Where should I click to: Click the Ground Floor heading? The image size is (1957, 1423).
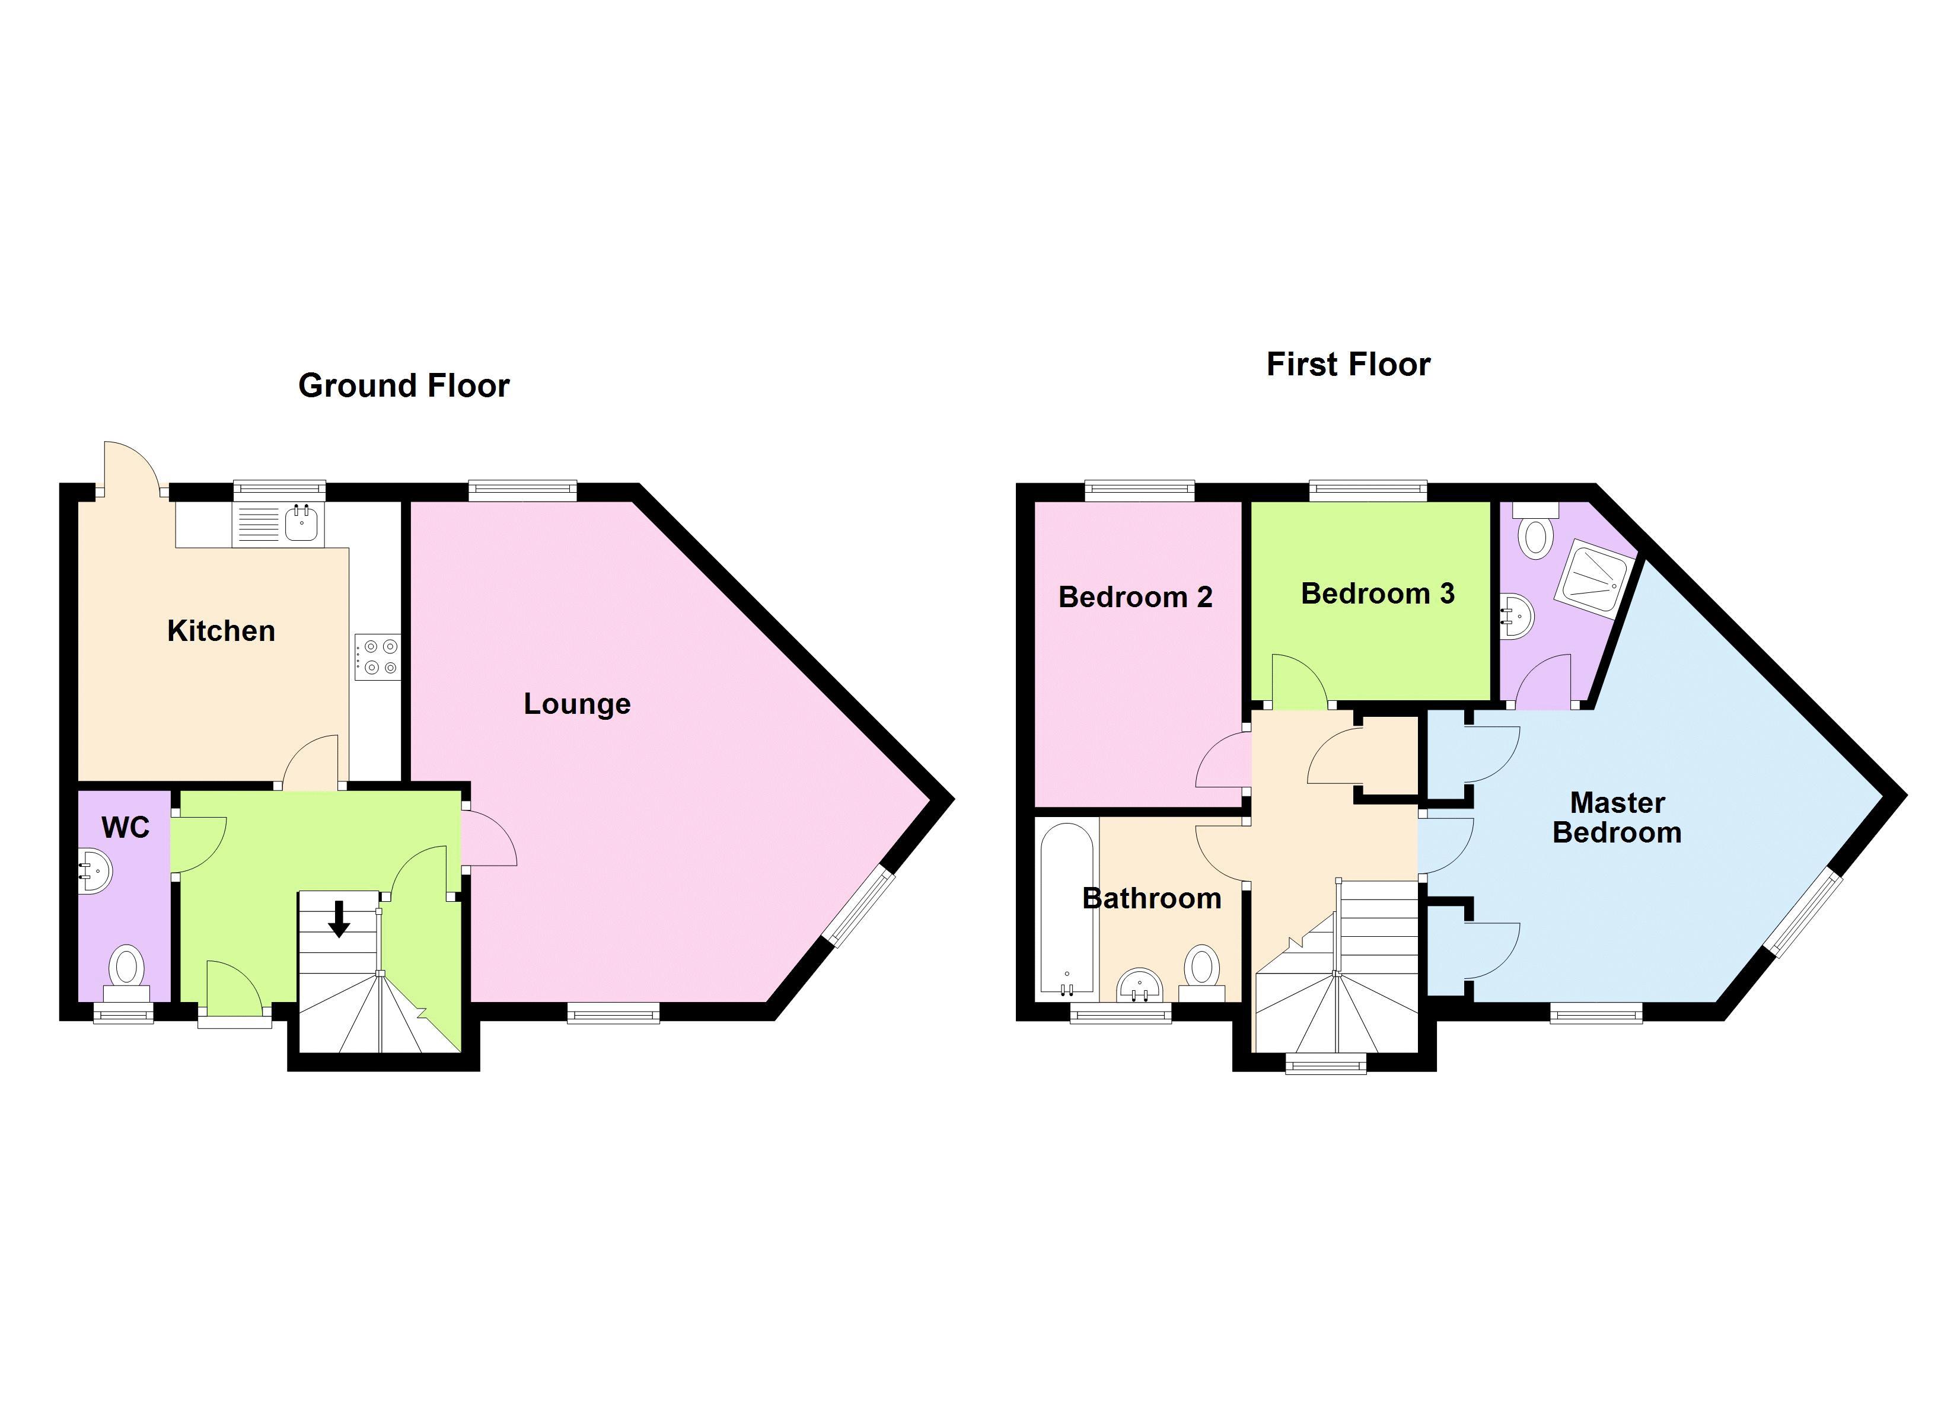tap(404, 386)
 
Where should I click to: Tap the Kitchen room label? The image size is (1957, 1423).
tap(221, 631)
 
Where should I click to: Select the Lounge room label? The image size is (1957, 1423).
tap(577, 704)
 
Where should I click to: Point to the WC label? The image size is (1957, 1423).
tap(126, 828)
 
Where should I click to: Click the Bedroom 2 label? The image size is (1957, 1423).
tap(1136, 596)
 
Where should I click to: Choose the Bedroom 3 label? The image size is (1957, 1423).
tap(1378, 593)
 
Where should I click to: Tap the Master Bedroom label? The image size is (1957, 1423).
tap(1617, 817)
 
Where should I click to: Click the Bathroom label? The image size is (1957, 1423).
tap(1152, 898)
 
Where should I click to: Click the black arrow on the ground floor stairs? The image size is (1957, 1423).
tap(339, 919)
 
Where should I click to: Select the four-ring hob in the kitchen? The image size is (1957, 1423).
tap(378, 658)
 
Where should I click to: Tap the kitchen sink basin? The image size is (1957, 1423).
tap(301, 524)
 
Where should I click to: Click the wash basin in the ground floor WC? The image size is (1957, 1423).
tap(94, 872)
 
